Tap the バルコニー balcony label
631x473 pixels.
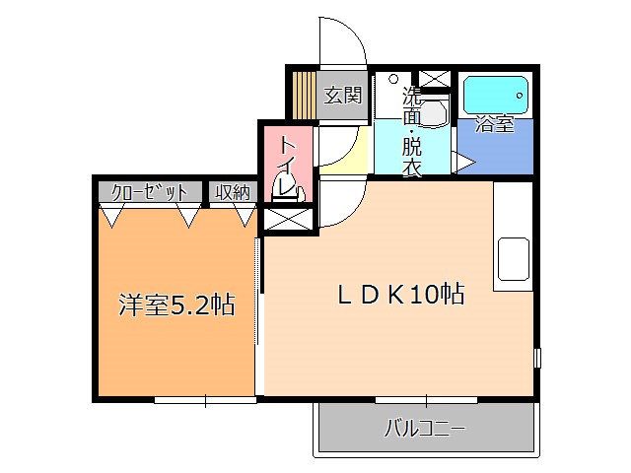(x=424, y=430)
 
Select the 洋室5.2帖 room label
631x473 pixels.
(x=176, y=305)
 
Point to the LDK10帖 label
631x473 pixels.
(x=401, y=294)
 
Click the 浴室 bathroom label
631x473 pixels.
(x=494, y=124)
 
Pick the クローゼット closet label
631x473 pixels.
(x=150, y=192)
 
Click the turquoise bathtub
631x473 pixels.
(x=496, y=97)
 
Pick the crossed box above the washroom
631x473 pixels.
(x=434, y=78)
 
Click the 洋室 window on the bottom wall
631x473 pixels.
(x=205, y=398)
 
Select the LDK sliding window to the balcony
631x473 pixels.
(x=426, y=398)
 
